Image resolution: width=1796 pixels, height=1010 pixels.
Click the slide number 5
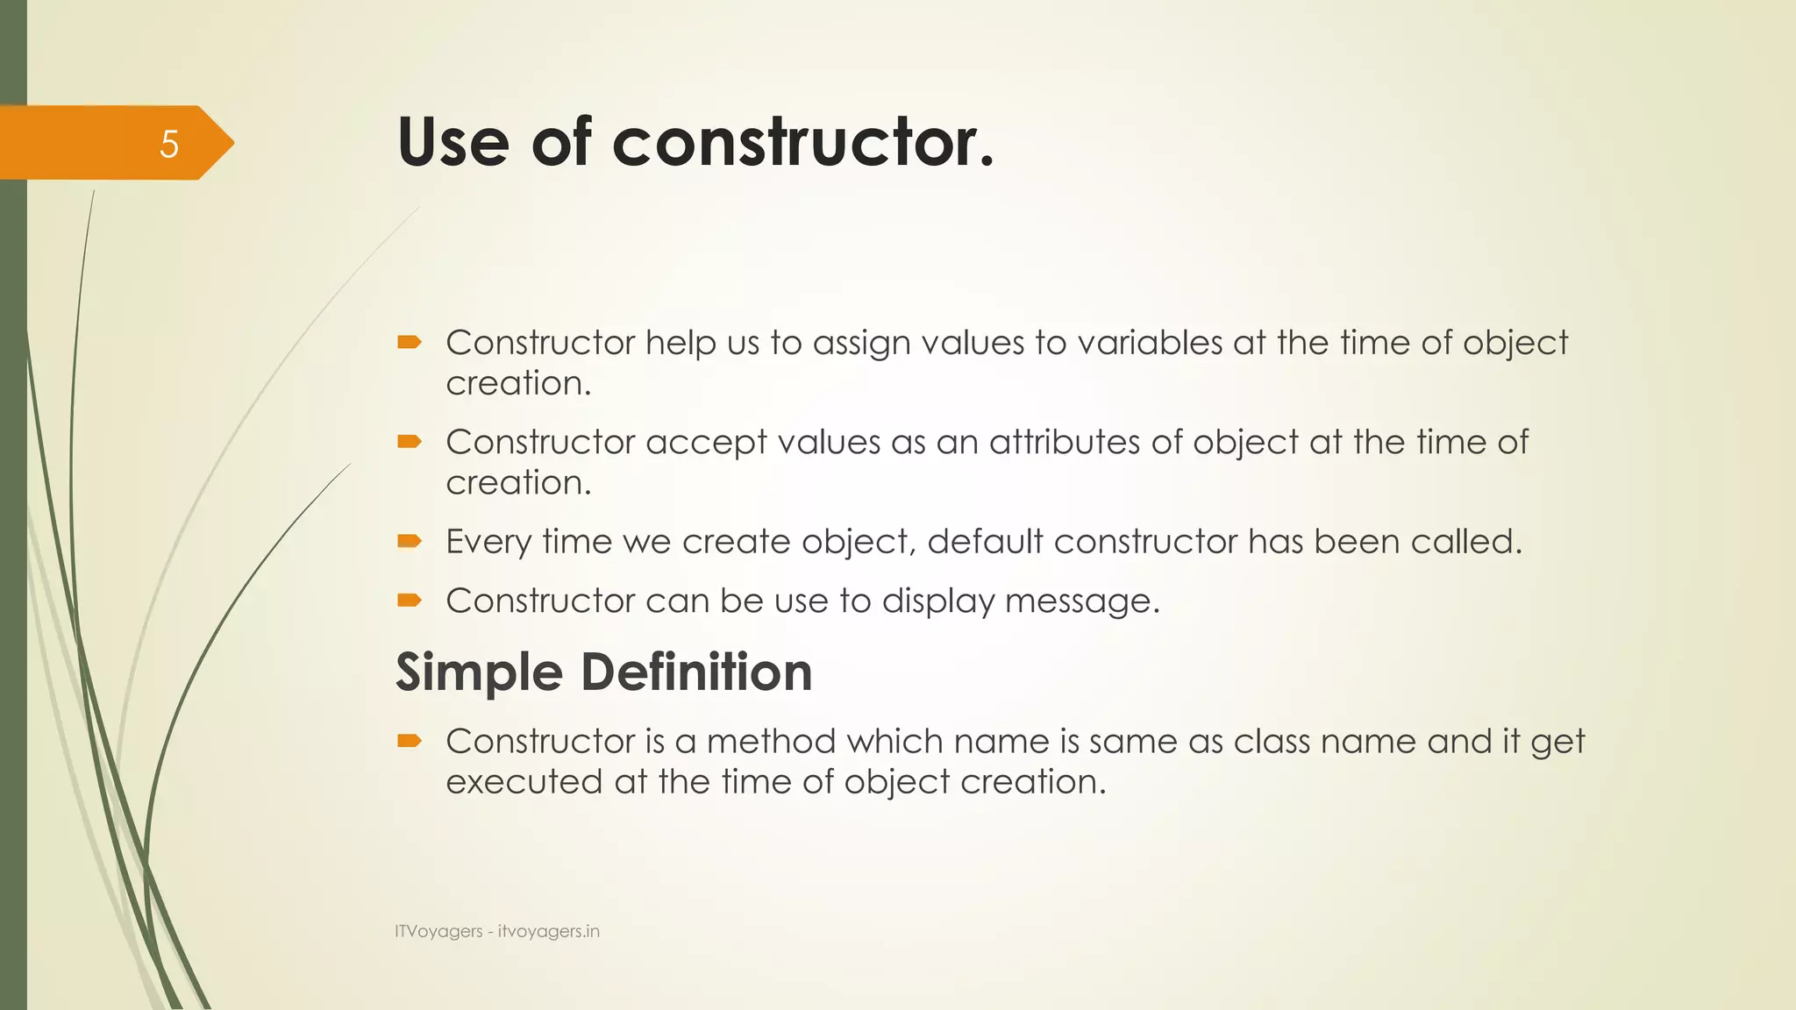click(x=169, y=144)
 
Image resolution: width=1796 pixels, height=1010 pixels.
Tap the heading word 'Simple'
click(x=479, y=673)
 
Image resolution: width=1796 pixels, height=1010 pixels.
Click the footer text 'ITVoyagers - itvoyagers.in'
click(x=497, y=931)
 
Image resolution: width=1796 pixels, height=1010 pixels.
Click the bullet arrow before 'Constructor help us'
click(x=410, y=342)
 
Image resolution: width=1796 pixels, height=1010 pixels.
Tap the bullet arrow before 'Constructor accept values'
click(x=410, y=441)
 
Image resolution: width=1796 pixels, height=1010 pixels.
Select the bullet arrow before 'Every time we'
click(x=410, y=541)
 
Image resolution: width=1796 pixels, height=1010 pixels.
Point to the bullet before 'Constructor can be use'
click(x=410, y=601)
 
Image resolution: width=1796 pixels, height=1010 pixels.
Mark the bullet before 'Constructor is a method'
click(x=410, y=741)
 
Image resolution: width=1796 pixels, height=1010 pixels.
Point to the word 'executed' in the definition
click(x=524, y=781)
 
